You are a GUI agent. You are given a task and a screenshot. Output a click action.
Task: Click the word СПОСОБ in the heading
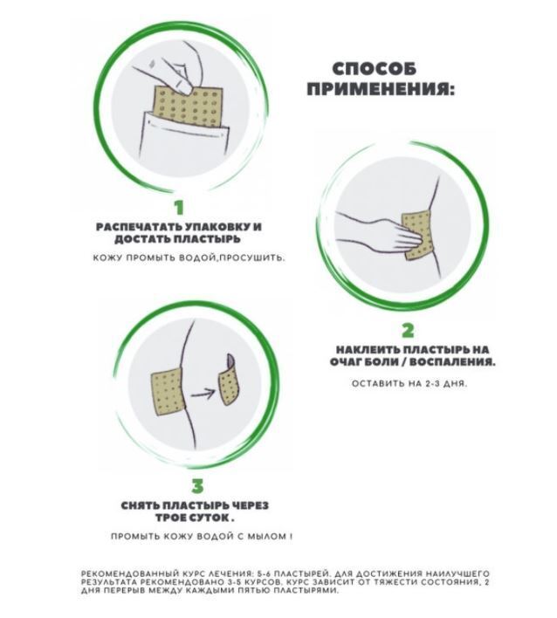(374, 69)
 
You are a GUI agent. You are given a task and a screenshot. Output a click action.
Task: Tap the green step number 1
(179, 208)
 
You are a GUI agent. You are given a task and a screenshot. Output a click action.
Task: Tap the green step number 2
(408, 331)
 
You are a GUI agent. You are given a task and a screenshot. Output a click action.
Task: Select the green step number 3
(197, 486)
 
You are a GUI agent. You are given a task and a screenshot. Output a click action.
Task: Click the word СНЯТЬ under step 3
(140, 505)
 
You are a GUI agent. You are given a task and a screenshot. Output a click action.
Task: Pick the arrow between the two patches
(203, 393)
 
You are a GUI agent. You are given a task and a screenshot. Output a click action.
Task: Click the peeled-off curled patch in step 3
(230, 381)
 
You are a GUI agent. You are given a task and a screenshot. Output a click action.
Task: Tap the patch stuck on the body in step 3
(167, 393)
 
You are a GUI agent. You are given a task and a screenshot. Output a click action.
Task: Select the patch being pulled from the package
(188, 106)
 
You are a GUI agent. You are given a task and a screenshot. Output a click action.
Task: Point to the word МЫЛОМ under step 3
(266, 536)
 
